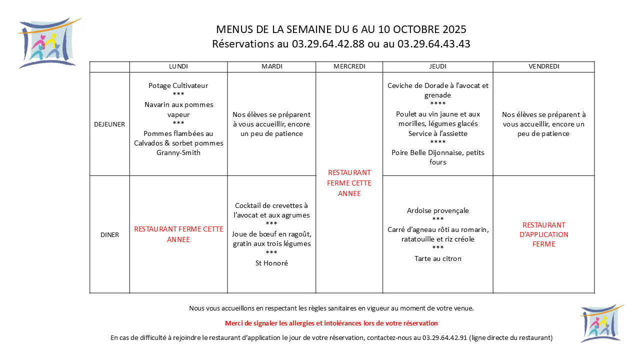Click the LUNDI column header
click(x=178, y=66)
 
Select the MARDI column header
click(x=271, y=66)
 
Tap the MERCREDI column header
click(x=349, y=66)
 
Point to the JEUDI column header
click(x=437, y=66)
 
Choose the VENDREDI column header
click(x=543, y=66)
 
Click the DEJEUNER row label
click(x=109, y=124)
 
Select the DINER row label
click(x=109, y=234)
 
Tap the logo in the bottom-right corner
click(x=601, y=323)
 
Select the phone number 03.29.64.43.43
click(x=433, y=44)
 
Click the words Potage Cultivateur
click(x=178, y=85)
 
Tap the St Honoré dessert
click(x=271, y=263)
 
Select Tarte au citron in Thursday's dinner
click(x=437, y=258)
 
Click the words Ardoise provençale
click(x=437, y=210)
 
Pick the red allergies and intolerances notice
click(x=331, y=323)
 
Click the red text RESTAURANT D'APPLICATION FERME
click(x=543, y=234)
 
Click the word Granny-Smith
click(x=178, y=152)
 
